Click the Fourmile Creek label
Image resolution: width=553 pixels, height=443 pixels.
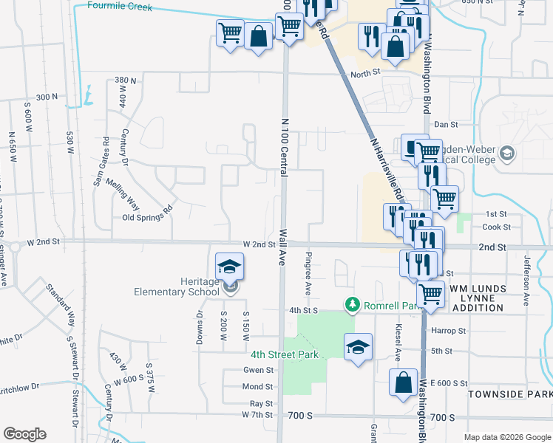tap(119, 7)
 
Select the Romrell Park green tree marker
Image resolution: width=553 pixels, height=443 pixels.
tap(353, 304)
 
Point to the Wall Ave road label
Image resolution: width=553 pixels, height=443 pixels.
tap(282, 247)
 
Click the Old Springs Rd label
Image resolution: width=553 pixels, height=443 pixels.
tap(147, 218)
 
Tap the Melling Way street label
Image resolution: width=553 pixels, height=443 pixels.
tap(123, 194)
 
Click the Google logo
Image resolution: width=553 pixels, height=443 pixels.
tap(24, 434)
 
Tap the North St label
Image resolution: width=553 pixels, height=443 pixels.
tap(364, 73)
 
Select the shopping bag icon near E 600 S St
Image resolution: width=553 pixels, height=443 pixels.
tap(404, 384)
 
